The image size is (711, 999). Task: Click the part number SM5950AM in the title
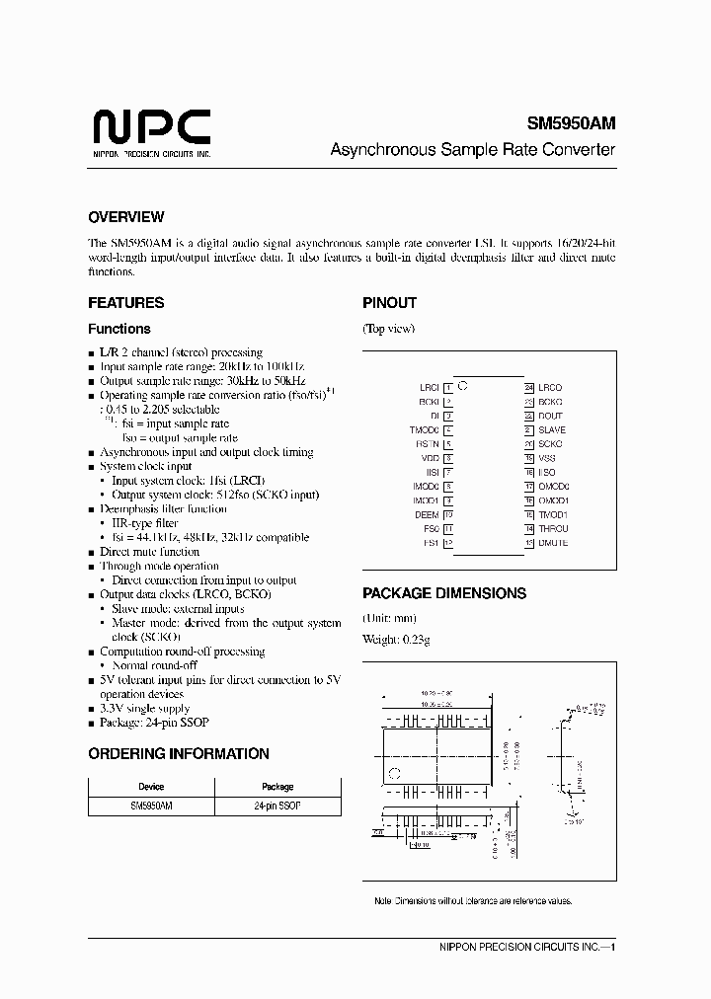[x=570, y=124]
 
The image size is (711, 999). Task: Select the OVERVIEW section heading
[x=125, y=217]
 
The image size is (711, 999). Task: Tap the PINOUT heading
[x=389, y=303]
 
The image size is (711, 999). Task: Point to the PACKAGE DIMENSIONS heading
[x=443, y=593]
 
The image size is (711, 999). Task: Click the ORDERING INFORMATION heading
[x=178, y=753]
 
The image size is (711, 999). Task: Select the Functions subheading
[x=119, y=329]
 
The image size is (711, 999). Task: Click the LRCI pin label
[x=429, y=388]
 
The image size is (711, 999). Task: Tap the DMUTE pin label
[x=553, y=543]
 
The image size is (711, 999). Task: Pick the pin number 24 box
[x=529, y=388]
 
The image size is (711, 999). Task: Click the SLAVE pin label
[x=552, y=429]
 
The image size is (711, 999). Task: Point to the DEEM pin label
[x=427, y=514]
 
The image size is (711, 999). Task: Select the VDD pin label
[x=430, y=458]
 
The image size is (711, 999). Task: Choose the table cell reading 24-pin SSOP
[x=277, y=807]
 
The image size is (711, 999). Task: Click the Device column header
[x=151, y=787]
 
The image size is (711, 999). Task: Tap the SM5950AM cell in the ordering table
[x=151, y=807]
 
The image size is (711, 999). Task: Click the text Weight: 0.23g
[x=396, y=640]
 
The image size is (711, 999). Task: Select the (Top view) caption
[x=388, y=329]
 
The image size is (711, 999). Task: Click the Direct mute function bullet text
[x=149, y=552]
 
